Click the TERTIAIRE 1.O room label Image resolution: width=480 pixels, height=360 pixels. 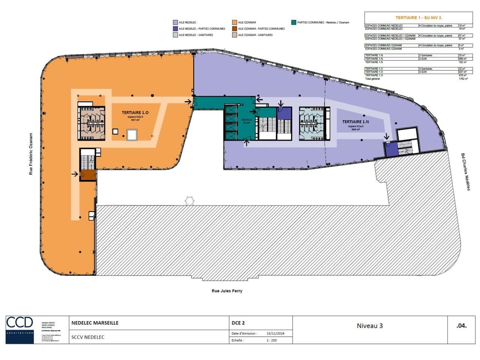tap(135, 112)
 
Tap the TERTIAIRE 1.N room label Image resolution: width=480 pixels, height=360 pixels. tap(355, 122)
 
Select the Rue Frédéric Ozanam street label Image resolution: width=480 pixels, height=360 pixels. tap(31, 154)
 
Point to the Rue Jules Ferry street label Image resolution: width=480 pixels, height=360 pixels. tap(227, 291)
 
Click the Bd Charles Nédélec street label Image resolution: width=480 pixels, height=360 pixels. tap(465, 172)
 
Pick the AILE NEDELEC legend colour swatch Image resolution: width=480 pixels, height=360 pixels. tap(175, 22)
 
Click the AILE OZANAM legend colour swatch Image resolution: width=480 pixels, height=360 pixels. tap(234, 22)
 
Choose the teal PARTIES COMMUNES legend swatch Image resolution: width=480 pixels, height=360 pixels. tap(294, 22)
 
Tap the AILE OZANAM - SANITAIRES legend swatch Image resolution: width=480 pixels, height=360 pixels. tap(234, 35)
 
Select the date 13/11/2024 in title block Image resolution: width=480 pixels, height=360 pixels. tap(275, 333)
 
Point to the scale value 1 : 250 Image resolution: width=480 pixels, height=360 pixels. tap(271, 340)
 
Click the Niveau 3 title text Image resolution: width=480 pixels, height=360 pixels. tap(369, 326)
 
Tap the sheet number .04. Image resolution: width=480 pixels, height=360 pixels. tap(461, 325)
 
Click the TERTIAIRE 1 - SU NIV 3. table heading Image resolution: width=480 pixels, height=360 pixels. tap(418, 18)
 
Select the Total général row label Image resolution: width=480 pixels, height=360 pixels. tap(372, 79)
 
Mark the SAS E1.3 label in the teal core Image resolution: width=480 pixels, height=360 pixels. tap(246, 120)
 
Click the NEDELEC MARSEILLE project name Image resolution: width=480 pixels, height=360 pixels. tap(95, 322)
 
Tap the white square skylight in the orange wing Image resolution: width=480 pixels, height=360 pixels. tap(132, 135)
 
